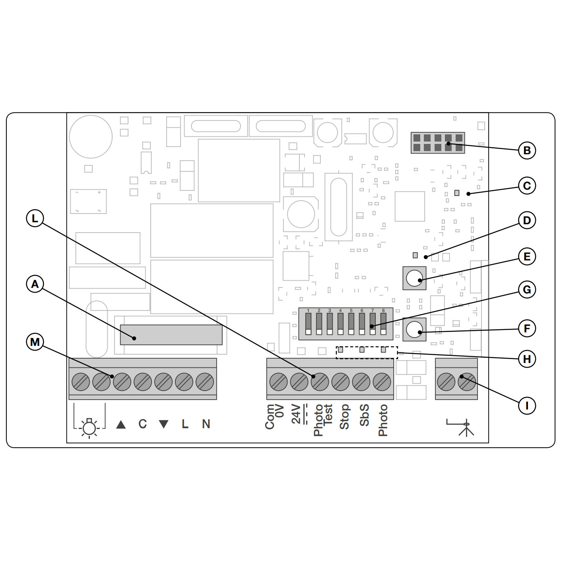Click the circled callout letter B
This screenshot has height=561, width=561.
[527, 151]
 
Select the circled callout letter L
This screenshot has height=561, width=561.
[35, 218]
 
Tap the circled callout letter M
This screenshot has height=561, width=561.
[35, 342]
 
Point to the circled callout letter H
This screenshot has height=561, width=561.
[527, 359]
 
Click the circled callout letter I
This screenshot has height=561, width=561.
[527, 406]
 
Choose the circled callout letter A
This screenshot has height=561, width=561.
[35, 284]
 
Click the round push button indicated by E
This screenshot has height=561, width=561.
[414, 278]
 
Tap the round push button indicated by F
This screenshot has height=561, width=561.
[414, 330]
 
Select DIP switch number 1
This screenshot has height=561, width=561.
[308, 324]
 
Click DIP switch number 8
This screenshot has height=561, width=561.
[383, 324]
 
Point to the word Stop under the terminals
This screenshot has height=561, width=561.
[344, 417]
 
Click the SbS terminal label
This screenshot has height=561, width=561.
[364, 415]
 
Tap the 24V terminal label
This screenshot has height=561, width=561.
[296, 414]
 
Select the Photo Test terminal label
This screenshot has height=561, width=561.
[323, 420]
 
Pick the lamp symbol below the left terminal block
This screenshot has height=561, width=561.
[89, 427]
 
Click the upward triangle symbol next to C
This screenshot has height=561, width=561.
[121, 425]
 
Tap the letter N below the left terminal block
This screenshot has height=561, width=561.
[206, 424]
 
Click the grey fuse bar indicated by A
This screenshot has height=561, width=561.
[171, 335]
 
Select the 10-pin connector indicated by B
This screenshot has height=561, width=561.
[438, 143]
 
